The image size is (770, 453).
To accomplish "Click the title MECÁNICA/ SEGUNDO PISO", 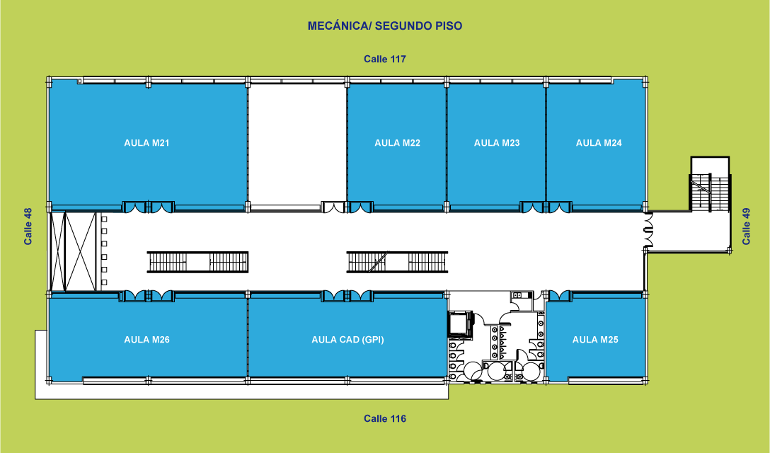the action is (x=385, y=26).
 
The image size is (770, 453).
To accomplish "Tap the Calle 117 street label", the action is (x=385, y=59).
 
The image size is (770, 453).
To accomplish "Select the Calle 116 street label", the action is (x=385, y=418).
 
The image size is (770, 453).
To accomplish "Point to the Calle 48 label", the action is (x=28, y=226).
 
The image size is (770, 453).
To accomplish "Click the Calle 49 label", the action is (x=747, y=226).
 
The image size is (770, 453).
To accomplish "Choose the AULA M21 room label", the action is (x=146, y=143).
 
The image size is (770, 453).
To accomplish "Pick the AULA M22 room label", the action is (x=397, y=143).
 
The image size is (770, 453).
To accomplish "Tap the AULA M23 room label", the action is (x=497, y=143).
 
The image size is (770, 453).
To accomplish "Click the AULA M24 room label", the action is (x=599, y=143).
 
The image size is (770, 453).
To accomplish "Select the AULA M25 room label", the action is (x=595, y=340).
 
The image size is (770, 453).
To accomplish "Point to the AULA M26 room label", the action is (x=146, y=340).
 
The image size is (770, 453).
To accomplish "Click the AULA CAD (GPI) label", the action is (x=347, y=340).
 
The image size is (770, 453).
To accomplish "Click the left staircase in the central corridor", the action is (x=197, y=262).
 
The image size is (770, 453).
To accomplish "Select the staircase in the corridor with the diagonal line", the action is (x=397, y=262).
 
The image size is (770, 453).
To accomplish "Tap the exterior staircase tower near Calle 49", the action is (x=710, y=184).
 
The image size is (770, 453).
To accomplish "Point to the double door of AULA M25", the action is (x=559, y=297).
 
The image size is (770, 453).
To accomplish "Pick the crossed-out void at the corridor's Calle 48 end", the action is (x=74, y=251).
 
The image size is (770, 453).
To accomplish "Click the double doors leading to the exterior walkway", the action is (x=649, y=229).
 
